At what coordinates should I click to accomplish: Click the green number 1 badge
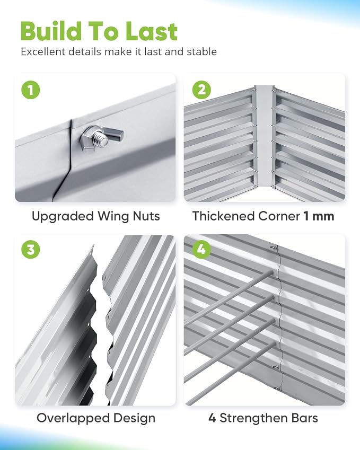coord(30,90)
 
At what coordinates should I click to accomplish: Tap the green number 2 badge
coord(201,90)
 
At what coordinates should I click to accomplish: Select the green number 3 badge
coord(30,249)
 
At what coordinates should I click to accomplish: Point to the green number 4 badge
coord(201,249)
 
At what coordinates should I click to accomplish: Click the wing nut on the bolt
coord(101,137)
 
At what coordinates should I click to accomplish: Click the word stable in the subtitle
coord(202,52)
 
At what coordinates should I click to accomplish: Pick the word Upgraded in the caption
coord(63,216)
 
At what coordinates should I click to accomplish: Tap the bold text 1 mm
coord(319,216)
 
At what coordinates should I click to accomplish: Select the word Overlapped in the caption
coord(73,418)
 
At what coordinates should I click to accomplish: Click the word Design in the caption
coord(134,418)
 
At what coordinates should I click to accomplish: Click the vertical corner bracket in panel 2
coord(264,135)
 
